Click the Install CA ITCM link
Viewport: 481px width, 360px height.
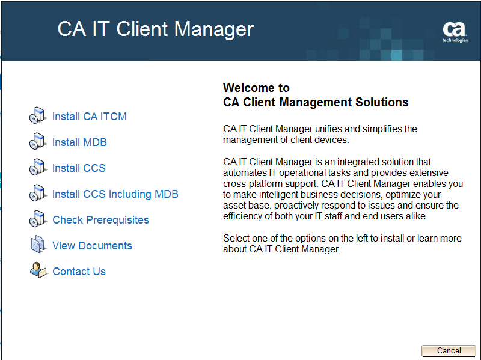[x=90, y=117]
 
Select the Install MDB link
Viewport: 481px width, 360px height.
[x=79, y=142]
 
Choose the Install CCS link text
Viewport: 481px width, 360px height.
[x=79, y=168]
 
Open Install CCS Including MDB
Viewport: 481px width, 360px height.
[x=115, y=194]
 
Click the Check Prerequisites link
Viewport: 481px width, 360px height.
[x=100, y=220]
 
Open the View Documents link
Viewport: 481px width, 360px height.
[x=92, y=246]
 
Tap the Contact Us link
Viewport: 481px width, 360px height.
[x=79, y=272]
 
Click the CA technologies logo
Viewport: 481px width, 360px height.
[x=455, y=32]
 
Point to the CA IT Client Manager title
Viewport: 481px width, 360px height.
[x=155, y=29]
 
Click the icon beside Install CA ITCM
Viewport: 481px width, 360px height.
[x=37, y=116]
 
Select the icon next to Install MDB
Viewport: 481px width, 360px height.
[x=37, y=142]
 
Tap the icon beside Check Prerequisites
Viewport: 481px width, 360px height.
[x=37, y=219]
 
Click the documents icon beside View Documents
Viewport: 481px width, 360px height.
[x=38, y=245]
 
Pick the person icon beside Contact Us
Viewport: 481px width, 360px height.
[x=38, y=270]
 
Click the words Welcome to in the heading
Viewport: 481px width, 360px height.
[x=256, y=88]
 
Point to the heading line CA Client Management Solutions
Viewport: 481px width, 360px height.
[x=316, y=102]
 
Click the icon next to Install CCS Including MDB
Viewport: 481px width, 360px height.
[x=37, y=194]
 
